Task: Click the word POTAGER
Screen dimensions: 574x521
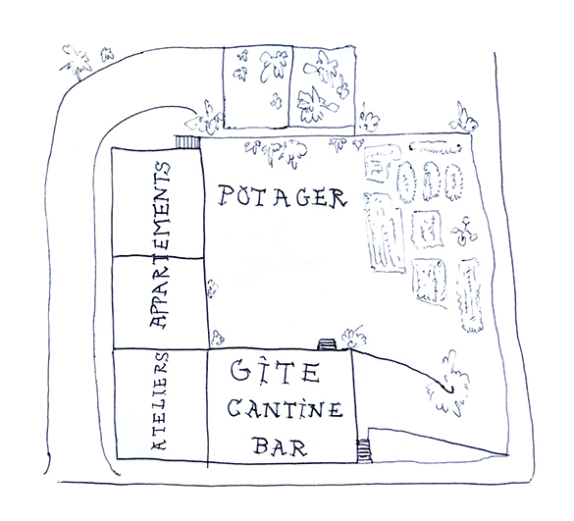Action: (282, 196)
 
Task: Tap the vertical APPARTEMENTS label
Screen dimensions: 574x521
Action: (160, 244)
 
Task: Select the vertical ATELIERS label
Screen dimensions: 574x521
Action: (160, 401)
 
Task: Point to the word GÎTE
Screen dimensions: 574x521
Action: (276, 372)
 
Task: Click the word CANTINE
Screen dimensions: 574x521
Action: (285, 409)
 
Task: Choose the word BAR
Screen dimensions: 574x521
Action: (280, 446)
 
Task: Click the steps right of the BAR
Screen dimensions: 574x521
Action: (364, 450)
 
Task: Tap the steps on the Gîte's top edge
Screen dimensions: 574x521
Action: (327, 344)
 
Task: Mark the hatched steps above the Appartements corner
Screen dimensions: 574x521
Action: (187, 142)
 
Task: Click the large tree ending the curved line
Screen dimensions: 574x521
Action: (449, 385)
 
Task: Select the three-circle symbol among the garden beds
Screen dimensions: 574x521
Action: (464, 231)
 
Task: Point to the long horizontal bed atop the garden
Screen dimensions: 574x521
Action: (435, 147)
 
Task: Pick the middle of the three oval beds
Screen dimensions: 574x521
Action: (431, 181)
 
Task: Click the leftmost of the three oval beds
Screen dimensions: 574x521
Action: (407, 182)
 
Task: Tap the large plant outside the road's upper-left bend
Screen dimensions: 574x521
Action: (78, 62)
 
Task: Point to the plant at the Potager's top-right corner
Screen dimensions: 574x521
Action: (464, 119)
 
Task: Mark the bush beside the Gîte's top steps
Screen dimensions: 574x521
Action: (353, 337)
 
